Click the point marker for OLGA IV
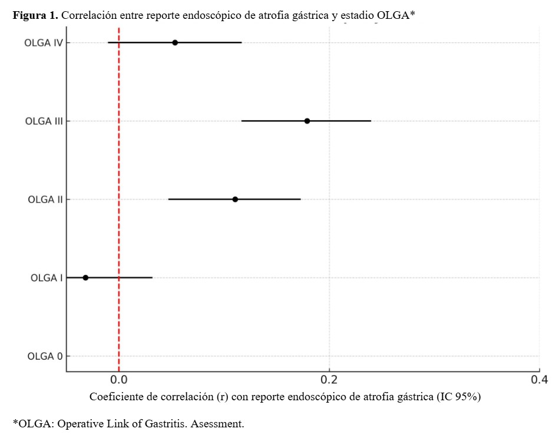point(175,42)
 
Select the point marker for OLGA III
point(307,121)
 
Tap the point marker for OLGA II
point(235,199)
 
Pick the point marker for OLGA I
point(85,277)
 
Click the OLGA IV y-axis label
point(43,43)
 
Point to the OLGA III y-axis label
point(44,121)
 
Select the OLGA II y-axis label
point(45,200)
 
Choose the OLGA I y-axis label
point(47,278)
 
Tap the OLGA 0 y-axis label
point(45,356)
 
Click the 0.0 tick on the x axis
point(119,380)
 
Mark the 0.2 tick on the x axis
point(329,380)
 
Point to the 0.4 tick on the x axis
point(539,380)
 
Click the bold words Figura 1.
point(35,16)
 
